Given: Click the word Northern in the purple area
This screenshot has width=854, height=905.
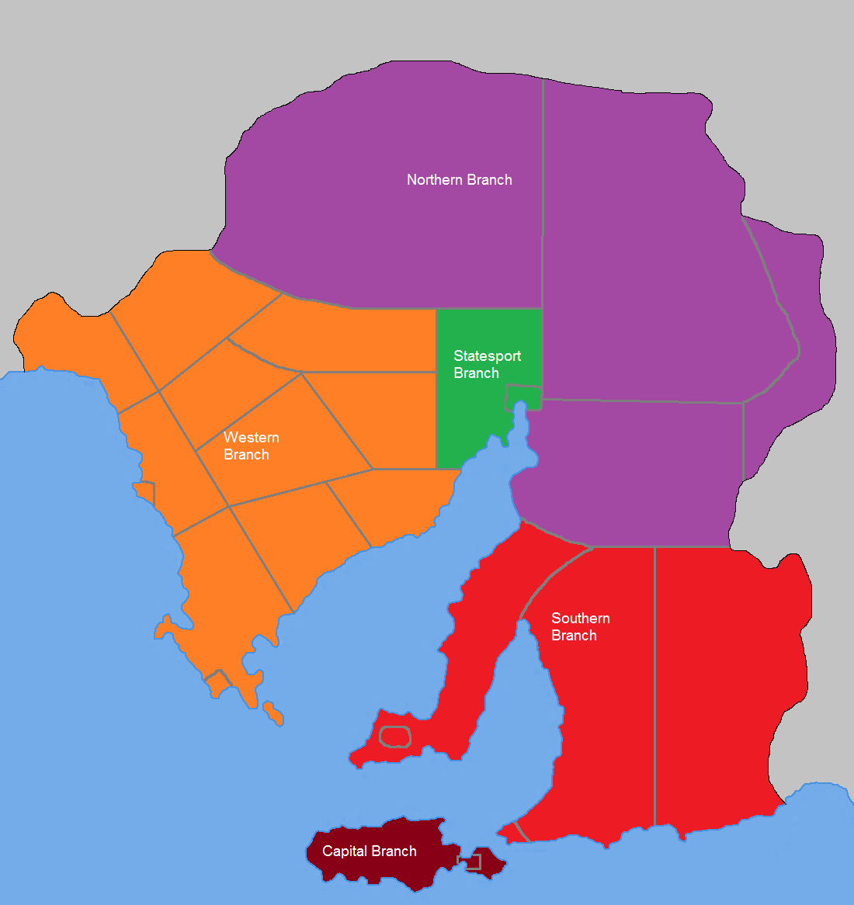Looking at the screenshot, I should click(x=434, y=180).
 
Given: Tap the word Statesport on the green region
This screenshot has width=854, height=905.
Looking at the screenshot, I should click(x=487, y=356).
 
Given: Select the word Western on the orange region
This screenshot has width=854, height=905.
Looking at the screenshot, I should click(x=251, y=438).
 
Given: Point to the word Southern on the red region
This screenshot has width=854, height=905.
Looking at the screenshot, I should click(x=580, y=619).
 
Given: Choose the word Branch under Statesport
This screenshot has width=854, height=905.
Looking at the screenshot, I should click(x=476, y=373).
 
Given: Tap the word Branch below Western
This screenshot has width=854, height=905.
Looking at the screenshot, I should click(x=246, y=455).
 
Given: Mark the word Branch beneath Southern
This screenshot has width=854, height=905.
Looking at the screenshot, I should click(x=574, y=636).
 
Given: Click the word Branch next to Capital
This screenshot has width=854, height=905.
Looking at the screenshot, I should click(x=393, y=851).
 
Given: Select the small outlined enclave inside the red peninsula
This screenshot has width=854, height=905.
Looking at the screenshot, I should click(x=394, y=736).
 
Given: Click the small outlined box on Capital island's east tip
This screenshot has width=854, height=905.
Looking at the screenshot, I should click(x=472, y=862).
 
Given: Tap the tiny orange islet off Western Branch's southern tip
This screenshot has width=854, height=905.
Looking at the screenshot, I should click(x=272, y=713).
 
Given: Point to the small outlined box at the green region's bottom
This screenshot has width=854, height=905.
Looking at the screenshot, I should click(x=522, y=396).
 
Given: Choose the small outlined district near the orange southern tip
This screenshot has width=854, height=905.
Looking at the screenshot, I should click(x=217, y=683).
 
